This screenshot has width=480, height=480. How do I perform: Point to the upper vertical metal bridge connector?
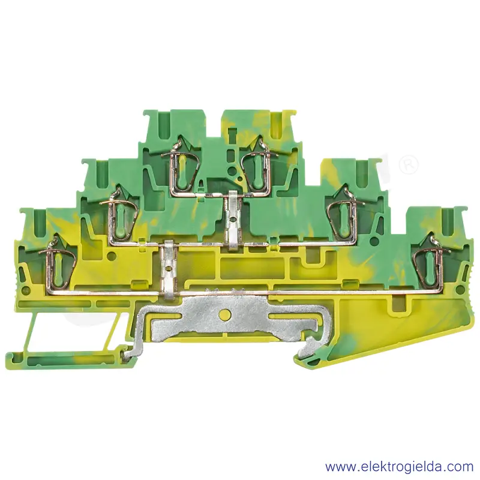[233, 218]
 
